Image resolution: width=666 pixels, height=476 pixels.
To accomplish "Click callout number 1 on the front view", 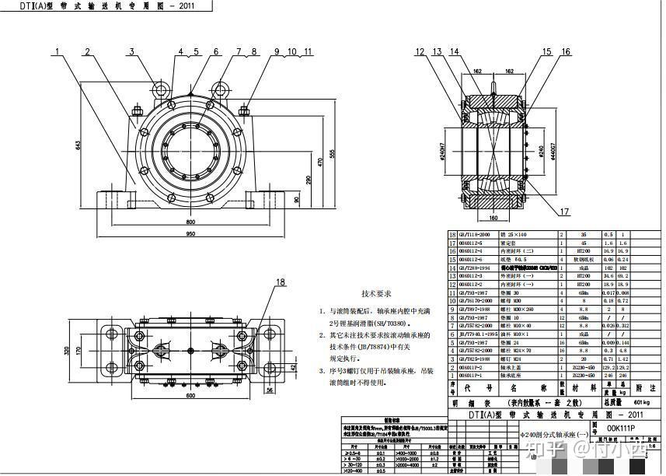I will pyautogui.click(x=57, y=52).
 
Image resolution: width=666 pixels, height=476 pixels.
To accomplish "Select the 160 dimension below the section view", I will pyautogui.click(x=494, y=217).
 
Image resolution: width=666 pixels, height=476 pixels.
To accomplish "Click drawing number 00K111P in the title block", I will pyautogui.click(x=621, y=428).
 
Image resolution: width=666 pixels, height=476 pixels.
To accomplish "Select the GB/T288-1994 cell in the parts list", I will pyautogui.click(x=476, y=267).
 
